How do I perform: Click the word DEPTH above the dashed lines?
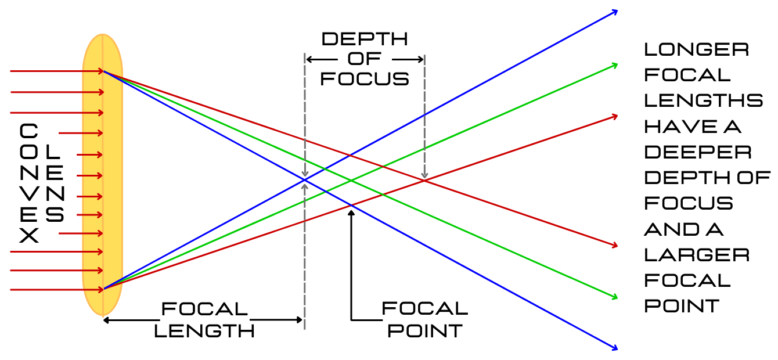pos(365,39)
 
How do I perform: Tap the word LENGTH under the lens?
pos(204,331)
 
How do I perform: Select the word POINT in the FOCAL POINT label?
pos(425,331)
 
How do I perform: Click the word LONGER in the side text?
pos(696,49)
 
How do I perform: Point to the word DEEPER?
pos(697,152)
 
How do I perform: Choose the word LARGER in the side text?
pos(697,255)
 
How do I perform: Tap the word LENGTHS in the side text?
pos(704,100)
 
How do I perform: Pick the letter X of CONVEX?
pos(29,236)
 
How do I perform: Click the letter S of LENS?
pos(55,215)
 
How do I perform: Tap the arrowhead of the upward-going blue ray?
pos(615,11)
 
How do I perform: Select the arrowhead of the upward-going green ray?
pos(614,64)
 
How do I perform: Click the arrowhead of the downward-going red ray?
pos(614,246)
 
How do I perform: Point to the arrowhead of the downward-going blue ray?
pos(614,348)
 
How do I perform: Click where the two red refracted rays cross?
pos(424,181)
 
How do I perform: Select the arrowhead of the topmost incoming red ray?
pos(101,71)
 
